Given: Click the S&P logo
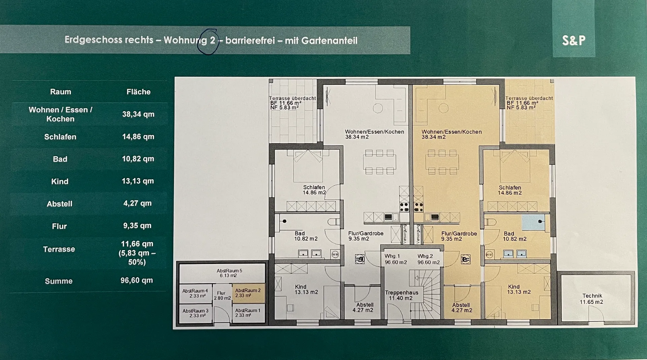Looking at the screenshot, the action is (x=574, y=40).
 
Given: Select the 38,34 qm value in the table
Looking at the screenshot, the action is (x=138, y=114).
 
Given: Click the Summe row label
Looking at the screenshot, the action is (x=59, y=281).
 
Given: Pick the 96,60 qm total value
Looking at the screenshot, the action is (x=136, y=280).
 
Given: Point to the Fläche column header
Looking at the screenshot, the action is (x=138, y=92).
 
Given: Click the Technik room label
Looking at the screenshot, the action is (x=592, y=299).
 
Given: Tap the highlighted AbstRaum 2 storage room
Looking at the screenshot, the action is (x=248, y=293).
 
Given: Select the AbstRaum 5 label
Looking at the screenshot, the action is (x=229, y=273).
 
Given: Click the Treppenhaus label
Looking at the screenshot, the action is (x=401, y=295).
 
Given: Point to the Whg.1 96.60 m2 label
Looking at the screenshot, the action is (x=396, y=259).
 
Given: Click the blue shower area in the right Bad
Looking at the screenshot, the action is (x=533, y=222).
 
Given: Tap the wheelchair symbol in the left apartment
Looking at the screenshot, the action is (x=360, y=259).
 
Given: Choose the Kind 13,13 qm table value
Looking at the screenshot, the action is (x=137, y=181).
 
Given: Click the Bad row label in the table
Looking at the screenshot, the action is (x=60, y=159).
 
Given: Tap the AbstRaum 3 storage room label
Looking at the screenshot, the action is (x=195, y=313).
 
